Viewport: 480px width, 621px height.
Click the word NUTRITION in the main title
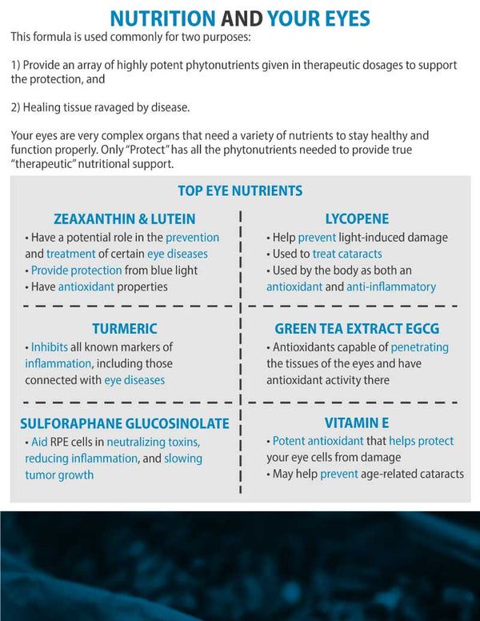(162, 18)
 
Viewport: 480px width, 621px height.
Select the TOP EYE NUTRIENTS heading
(240, 190)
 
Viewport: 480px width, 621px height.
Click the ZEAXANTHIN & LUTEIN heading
(125, 218)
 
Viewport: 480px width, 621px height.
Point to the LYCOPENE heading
(357, 218)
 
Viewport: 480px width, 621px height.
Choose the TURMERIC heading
(124, 329)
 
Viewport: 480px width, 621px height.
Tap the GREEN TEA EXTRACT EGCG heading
(357, 329)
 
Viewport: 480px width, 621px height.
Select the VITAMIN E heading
(357, 423)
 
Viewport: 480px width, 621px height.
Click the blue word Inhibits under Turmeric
(50, 347)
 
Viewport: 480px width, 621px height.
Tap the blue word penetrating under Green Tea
(420, 347)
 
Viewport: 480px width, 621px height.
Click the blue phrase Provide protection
(77, 270)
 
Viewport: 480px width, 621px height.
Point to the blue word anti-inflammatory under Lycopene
(391, 286)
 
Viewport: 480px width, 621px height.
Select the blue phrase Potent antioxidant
(314, 441)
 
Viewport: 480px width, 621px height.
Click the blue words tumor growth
(59, 475)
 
